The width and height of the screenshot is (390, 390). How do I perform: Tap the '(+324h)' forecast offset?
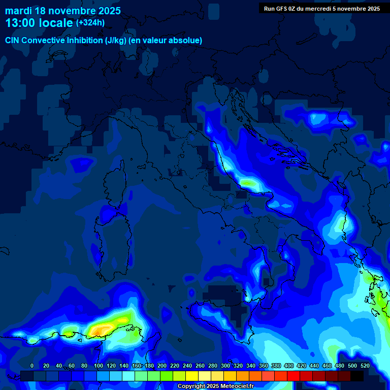90,22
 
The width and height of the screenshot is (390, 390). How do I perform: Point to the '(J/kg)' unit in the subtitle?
117,41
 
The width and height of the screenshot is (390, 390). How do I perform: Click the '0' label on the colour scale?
32,366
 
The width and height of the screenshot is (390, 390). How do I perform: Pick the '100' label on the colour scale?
99,366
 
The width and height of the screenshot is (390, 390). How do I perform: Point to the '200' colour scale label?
162,366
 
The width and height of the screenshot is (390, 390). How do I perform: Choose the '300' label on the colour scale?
225,366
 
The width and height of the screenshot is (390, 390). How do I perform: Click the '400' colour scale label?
289,366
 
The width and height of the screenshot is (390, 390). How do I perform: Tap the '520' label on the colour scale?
365,366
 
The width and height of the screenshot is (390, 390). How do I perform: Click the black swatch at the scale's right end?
357,376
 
